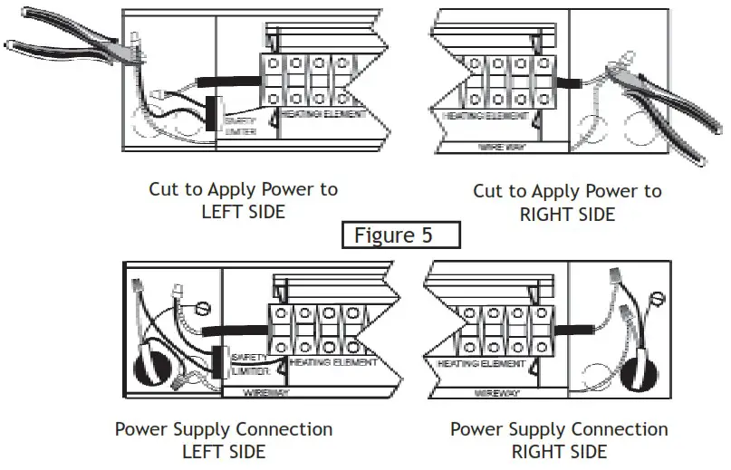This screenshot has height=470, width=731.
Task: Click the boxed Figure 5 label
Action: tap(401, 235)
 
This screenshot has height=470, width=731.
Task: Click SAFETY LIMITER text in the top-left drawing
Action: tap(240, 125)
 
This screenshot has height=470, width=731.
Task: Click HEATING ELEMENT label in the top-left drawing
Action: tap(322, 115)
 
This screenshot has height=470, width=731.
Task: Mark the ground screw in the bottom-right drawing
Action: tap(659, 296)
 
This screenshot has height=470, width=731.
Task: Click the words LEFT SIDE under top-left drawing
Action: tap(243, 212)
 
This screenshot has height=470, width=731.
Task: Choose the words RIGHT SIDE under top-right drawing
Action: tap(567, 215)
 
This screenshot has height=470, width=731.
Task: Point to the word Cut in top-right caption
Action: tap(489, 191)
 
